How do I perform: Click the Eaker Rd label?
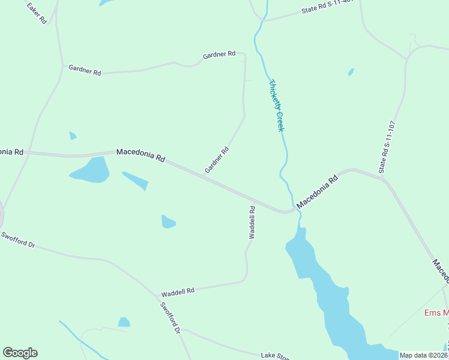tap(37, 12)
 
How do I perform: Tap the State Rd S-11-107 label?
tap(388, 148)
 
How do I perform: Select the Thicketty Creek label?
tap(276, 106)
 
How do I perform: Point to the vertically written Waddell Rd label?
tap(253, 223)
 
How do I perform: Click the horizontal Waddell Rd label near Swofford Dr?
tap(178, 292)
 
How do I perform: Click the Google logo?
tap(20, 353)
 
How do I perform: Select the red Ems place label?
tap(436, 313)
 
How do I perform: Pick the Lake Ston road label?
tap(275, 356)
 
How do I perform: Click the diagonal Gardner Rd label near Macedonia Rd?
tap(217, 160)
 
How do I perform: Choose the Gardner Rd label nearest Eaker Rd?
tap(85, 70)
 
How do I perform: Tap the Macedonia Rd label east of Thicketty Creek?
tap(318, 191)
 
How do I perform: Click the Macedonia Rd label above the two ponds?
tap(140, 155)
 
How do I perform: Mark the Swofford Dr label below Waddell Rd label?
tap(170, 317)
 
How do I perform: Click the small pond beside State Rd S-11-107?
tap(351, 72)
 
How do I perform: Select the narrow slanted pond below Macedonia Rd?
tap(136, 181)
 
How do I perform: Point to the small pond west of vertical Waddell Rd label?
tap(168, 222)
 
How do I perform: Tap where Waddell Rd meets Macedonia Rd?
tap(255, 200)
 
